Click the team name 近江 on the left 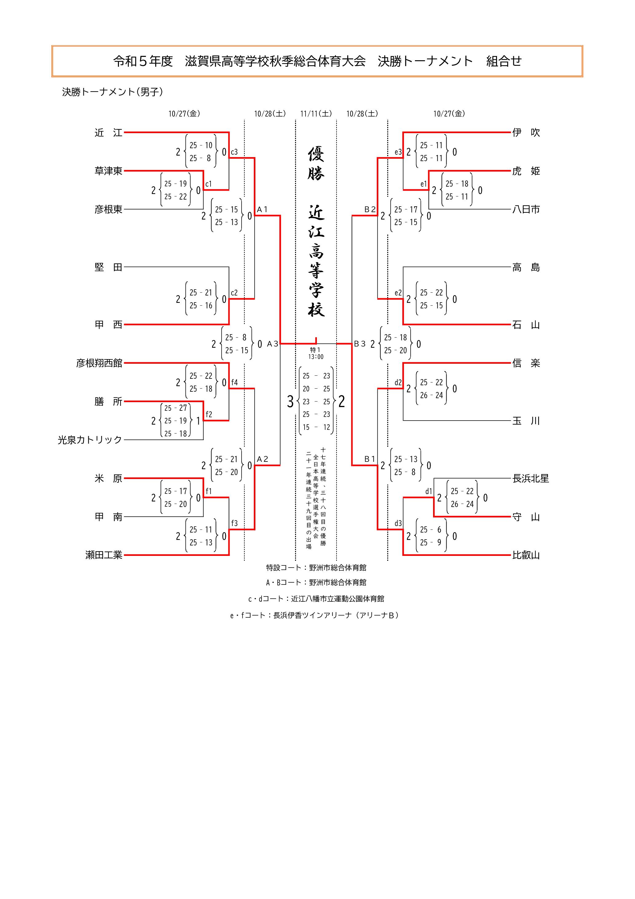click(108, 133)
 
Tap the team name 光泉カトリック click(90, 440)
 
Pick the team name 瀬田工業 click(104, 555)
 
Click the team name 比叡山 click(526, 555)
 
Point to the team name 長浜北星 click(531, 478)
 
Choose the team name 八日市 click(526, 209)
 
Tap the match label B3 click(360, 344)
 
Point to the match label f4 click(234, 382)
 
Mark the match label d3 click(398, 523)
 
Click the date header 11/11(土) click(316, 113)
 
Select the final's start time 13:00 click(316, 357)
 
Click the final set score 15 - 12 click(316, 427)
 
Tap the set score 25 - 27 click(176, 408)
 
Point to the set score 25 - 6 click(431, 529)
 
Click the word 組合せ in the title click(504, 61)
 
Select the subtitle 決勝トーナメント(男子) click(112, 92)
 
